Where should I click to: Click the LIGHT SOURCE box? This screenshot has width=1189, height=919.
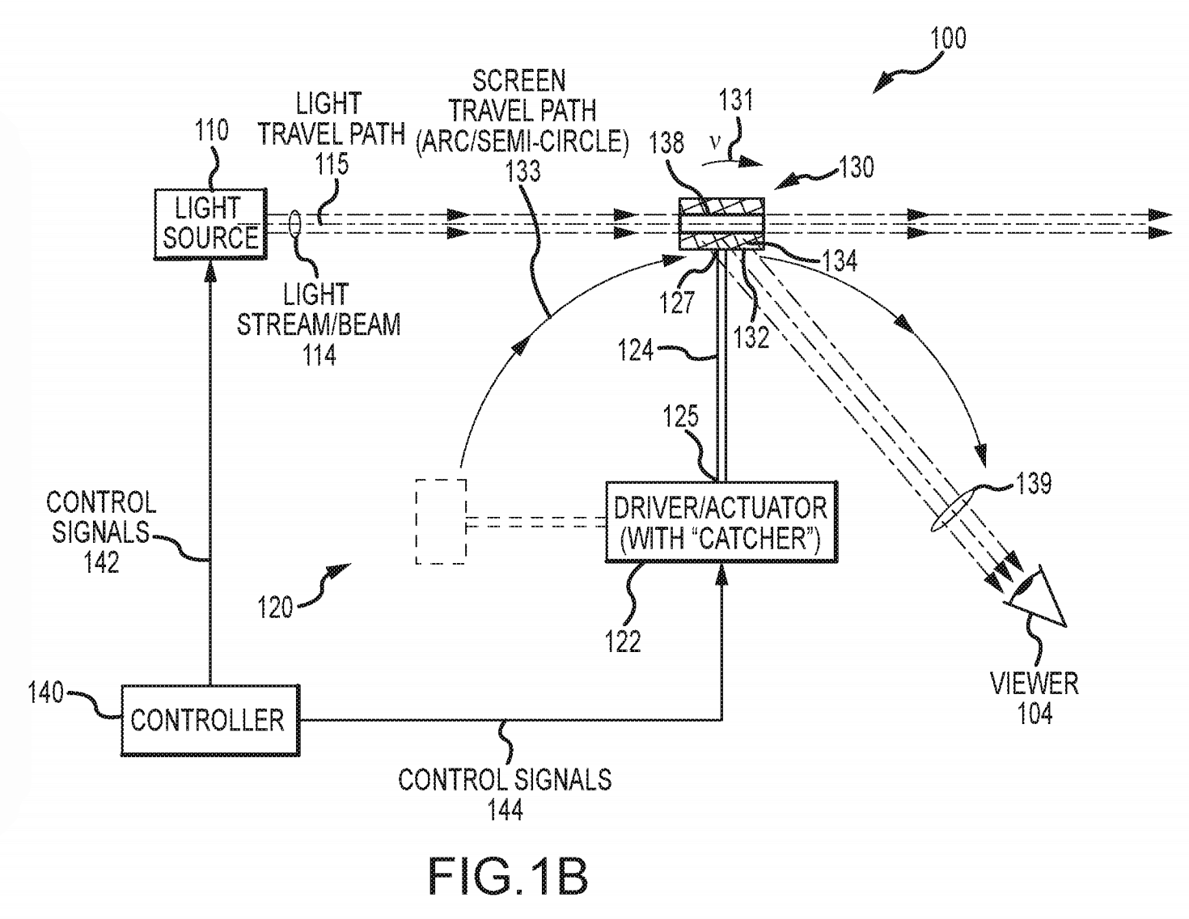[210, 224]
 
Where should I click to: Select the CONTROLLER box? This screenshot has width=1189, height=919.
[209, 720]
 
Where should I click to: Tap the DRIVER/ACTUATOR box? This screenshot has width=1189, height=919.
[721, 523]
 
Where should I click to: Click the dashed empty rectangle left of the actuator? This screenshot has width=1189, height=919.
[441, 522]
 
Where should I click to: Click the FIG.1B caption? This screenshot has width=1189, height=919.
[507, 875]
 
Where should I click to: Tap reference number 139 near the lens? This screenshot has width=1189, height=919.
[1035, 485]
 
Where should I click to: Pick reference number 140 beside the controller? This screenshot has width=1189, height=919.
[46, 693]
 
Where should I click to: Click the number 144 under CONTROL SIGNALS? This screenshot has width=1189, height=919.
[506, 809]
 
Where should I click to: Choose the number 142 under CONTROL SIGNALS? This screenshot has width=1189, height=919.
[101, 561]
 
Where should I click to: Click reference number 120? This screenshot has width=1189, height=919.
[275, 607]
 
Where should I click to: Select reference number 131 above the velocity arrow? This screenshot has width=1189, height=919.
[735, 101]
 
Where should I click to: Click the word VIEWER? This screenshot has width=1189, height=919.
[1035, 684]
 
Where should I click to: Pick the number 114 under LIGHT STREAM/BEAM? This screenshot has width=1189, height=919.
[319, 354]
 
